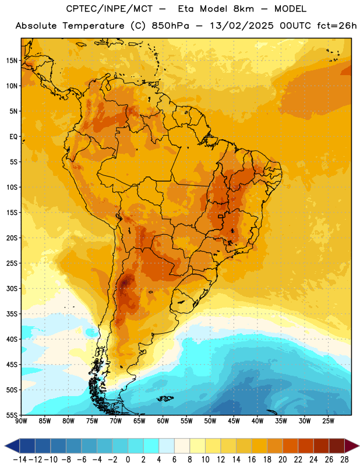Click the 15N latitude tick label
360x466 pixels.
12,61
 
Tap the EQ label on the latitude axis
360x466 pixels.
13,137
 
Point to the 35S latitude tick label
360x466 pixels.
12,314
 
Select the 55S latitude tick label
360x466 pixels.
12,415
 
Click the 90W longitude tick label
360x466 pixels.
21,421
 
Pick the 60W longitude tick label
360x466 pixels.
163,421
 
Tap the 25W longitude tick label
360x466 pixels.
328,421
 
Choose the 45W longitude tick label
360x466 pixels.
234,421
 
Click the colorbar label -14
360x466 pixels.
20,460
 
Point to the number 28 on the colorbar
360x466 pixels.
344,460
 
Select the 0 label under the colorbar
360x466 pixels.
128,460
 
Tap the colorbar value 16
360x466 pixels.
252,460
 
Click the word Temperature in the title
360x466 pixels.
93,26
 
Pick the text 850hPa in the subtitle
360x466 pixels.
170,26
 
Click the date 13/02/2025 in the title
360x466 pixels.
242,26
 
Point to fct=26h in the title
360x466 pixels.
337,26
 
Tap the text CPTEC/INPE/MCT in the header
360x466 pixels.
110,9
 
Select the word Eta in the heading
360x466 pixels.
186,9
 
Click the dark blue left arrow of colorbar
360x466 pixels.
12,446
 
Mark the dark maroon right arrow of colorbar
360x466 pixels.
352,446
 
